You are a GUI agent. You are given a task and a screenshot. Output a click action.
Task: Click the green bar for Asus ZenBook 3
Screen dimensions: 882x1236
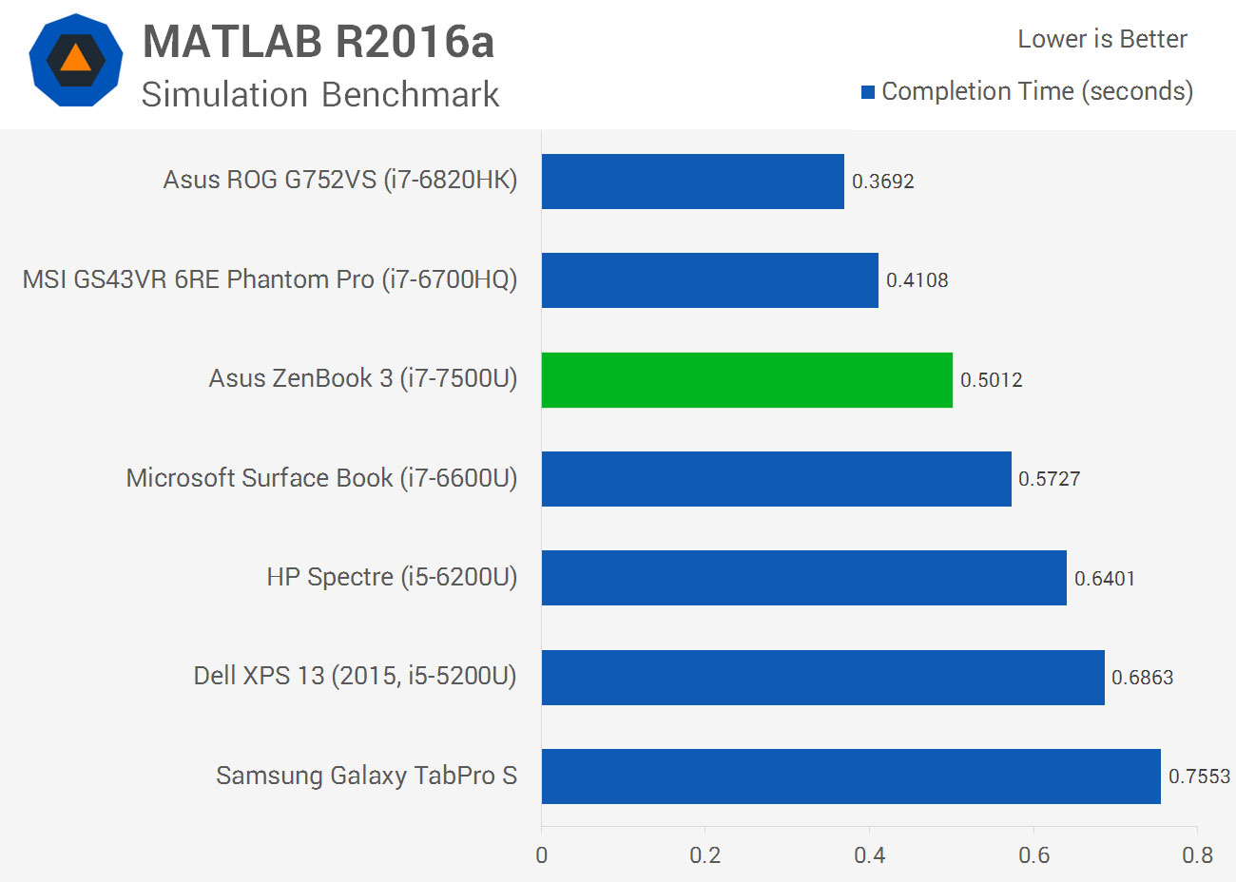pos(746,380)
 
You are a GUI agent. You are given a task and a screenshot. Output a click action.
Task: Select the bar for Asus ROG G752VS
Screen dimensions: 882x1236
pos(692,182)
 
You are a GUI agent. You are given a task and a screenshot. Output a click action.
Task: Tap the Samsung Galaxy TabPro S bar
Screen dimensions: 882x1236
pos(851,777)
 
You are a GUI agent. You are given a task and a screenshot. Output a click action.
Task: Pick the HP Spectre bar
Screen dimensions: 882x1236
pos(803,578)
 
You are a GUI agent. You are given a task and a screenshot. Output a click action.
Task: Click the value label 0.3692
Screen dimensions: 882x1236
pos(882,182)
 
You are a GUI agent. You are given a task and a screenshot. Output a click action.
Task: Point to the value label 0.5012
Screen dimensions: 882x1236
pos(991,380)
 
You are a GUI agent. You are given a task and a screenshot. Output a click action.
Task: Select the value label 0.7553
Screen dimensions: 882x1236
pos(1199,777)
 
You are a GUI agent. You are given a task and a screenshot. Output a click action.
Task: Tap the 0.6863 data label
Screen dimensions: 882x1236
pos(1142,678)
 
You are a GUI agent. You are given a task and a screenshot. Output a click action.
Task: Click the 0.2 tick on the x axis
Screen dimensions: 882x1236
pos(705,855)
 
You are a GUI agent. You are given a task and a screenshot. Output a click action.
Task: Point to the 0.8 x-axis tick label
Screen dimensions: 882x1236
pos(1197,855)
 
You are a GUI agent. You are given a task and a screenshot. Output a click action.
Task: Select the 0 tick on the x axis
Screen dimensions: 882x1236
pos(542,855)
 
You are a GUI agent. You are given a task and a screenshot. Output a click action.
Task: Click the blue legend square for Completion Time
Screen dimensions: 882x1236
pos(868,92)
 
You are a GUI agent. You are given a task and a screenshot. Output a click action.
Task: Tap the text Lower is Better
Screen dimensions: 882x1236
pos(1102,39)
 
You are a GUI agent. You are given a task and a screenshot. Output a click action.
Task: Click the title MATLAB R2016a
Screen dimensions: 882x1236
pos(319,42)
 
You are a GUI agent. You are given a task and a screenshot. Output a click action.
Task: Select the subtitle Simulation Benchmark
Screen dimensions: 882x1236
pos(319,95)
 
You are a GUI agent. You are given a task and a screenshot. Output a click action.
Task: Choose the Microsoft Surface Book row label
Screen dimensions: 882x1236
pos(321,478)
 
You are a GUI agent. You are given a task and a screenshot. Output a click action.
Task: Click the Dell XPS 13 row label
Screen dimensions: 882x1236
pos(355,676)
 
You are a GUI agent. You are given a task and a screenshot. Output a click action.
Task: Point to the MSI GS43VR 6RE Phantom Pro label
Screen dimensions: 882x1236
pos(270,279)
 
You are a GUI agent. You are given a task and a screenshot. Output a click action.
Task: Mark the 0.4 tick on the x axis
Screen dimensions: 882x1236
pos(869,855)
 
